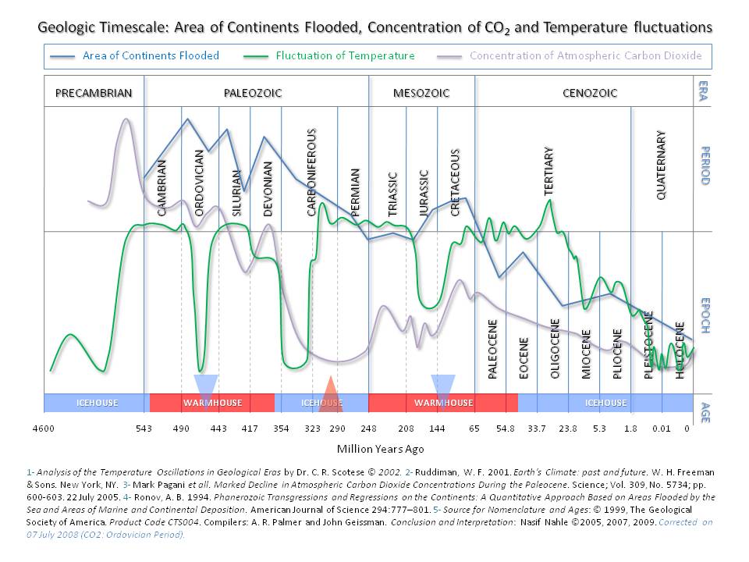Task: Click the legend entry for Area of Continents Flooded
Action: [151, 55]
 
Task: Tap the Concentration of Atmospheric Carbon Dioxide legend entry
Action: [585, 55]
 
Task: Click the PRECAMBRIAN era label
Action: [94, 93]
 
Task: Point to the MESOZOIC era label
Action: [421, 93]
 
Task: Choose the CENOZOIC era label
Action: [590, 93]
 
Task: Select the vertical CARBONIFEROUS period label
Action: [311, 172]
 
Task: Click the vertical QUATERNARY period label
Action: [662, 165]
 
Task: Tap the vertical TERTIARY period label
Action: [548, 170]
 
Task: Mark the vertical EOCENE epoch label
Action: [524, 357]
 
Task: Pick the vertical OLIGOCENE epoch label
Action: [556, 348]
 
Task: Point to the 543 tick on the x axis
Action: [144, 429]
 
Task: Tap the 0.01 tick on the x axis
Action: [662, 429]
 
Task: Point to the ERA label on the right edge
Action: [704, 88]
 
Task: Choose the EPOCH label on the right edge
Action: [704, 315]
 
